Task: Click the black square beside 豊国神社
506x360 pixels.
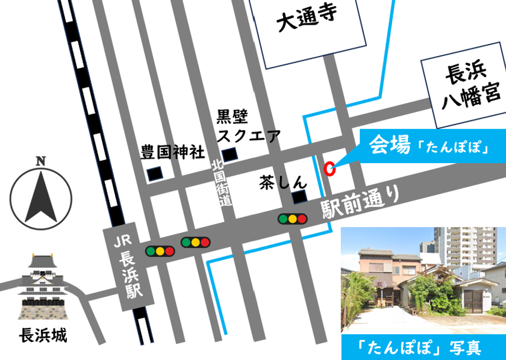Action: point(155,174)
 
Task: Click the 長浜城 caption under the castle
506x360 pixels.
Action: point(43,335)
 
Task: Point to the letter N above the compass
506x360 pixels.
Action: point(41,161)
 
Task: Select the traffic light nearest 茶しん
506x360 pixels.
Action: point(292,219)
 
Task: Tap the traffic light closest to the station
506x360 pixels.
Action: point(159,250)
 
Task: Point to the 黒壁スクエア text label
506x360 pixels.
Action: point(247,127)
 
